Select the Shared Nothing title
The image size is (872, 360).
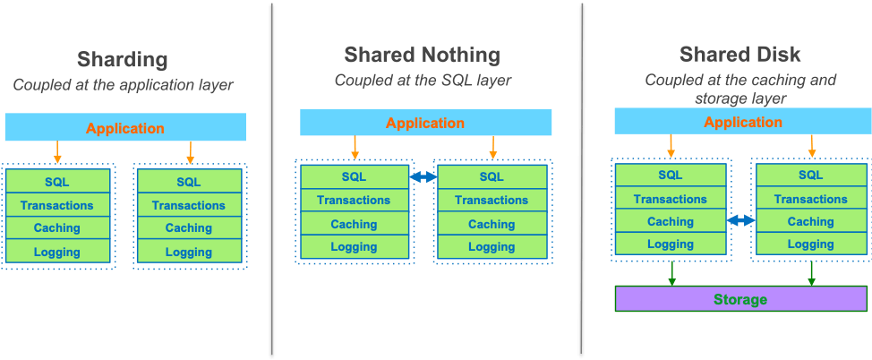pos(422,56)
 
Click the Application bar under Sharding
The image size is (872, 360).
pos(125,128)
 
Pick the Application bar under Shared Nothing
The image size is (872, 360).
pos(425,123)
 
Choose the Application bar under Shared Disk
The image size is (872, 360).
pos(742,122)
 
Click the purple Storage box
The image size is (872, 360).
pos(740,299)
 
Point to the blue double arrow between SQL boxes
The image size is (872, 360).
pos(423,177)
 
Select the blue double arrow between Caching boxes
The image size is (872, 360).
pos(740,220)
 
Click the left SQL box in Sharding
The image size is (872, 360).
pos(58,182)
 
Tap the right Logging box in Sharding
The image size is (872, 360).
pos(189,252)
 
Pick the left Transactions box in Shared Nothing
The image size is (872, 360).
pos(354,201)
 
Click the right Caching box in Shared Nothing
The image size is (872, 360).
pos(492,224)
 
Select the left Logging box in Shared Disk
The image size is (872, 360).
pos(671,244)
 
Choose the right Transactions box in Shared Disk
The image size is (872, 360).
pos(810,199)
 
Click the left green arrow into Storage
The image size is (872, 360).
pos(671,272)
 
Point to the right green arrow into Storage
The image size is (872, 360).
pos(811,272)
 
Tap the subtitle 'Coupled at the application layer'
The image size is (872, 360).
pos(123,85)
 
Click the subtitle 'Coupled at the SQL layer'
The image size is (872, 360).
pos(422,80)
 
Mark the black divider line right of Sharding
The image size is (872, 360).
pos(272,179)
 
